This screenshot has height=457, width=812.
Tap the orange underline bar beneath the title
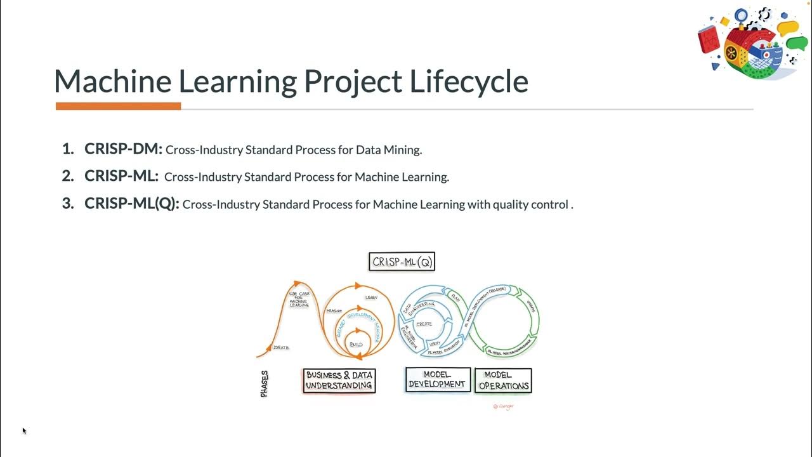[118, 106]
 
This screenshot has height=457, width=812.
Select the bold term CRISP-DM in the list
[124, 149]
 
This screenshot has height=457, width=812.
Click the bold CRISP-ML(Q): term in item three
[132, 204]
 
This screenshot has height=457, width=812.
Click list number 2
[68, 176]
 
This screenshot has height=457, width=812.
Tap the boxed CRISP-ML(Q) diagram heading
[402, 262]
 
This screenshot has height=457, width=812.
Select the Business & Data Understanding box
[339, 380]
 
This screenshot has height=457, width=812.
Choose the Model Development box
[438, 380]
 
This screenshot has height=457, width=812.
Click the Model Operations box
[504, 380]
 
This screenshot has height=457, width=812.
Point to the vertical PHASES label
[265, 384]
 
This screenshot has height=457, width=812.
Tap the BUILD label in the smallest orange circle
[357, 344]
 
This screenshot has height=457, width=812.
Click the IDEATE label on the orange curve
[281, 348]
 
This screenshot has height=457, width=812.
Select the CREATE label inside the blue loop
[424, 324]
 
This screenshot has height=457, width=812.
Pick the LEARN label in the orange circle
[371, 297]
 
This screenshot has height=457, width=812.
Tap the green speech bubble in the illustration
[797, 43]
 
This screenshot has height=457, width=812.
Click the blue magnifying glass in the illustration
[740, 15]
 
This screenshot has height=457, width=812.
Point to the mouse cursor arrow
[24, 430]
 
